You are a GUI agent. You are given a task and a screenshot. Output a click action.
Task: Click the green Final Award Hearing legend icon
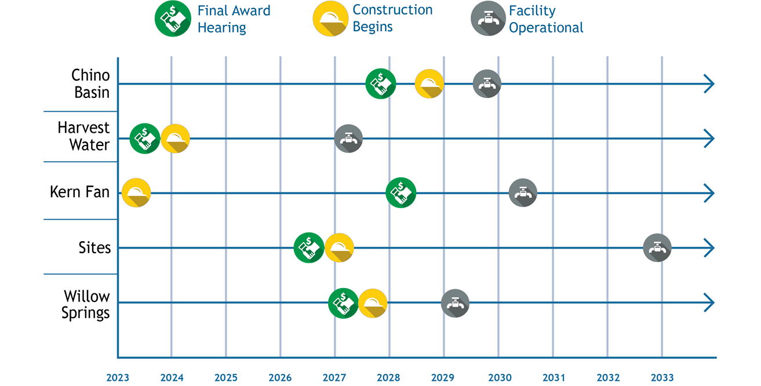(x=173, y=19)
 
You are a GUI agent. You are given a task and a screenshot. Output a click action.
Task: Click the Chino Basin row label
(x=90, y=83)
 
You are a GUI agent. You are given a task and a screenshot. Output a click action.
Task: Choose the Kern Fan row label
(x=80, y=192)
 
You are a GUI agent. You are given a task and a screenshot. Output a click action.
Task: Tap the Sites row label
(x=94, y=248)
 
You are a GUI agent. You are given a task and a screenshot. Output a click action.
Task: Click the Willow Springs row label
(x=86, y=305)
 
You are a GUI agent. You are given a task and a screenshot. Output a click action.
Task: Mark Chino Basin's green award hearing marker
(x=381, y=83)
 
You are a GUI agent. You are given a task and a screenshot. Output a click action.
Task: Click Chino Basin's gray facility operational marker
(x=487, y=83)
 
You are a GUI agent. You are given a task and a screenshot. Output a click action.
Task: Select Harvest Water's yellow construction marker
(x=175, y=139)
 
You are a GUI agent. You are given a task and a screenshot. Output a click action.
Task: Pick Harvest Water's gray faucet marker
(x=348, y=139)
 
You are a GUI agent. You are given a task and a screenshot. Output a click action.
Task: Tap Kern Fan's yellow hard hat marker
(x=136, y=193)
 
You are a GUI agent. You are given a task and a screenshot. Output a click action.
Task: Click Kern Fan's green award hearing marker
(x=401, y=192)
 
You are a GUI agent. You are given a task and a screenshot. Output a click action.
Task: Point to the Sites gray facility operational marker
(x=657, y=248)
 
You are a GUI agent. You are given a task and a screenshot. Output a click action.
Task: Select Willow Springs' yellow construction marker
(x=373, y=303)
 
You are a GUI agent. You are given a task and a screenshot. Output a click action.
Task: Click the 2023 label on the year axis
(x=118, y=378)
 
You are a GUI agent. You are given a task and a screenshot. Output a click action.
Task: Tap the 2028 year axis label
(x=388, y=378)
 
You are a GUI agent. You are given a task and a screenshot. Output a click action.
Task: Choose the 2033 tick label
(x=662, y=378)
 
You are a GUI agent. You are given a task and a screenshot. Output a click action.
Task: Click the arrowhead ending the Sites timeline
(x=709, y=248)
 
